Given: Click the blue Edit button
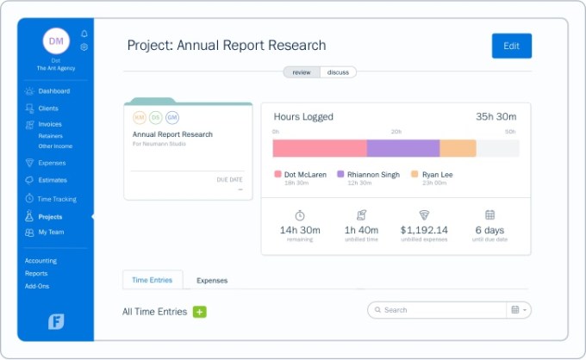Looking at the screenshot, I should point(511,46).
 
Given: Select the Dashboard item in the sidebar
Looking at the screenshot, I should point(53,91).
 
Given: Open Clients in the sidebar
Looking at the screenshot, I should point(48,109).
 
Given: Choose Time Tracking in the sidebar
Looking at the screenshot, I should point(57,199).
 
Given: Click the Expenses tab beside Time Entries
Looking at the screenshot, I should point(212,280).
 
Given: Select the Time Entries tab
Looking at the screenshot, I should point(152,280).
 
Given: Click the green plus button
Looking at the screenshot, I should point(199,312).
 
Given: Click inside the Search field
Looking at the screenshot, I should point(439,310).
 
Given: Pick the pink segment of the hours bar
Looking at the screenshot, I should point(320,148).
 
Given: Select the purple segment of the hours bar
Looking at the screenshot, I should point(402,148).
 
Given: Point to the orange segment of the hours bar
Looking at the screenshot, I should point(458,148).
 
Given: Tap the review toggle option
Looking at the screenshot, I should point(302,72).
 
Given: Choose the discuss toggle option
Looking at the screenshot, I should point(338,72).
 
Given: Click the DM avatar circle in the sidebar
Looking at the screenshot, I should point(55,40).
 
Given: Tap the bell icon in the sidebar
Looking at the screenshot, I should point(84,34).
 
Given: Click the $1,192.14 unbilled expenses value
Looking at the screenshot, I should point(424,230).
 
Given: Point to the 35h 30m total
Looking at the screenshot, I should point(496,117).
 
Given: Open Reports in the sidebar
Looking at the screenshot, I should point(36,273).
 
